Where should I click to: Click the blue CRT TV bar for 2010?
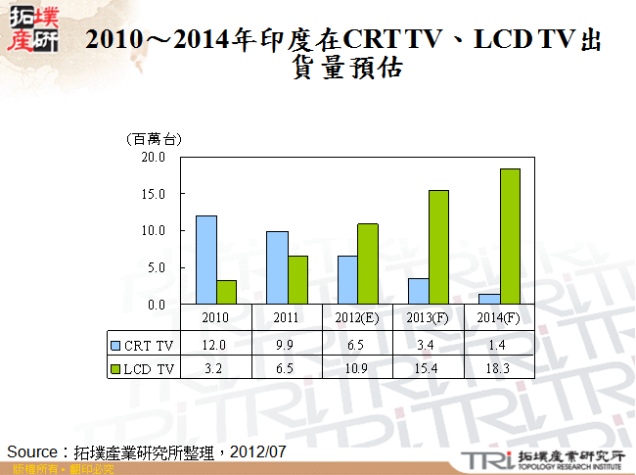[206, 261]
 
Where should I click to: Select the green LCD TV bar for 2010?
[227, 293]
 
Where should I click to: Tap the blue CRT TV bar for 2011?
[277, 268]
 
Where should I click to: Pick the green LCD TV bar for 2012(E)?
[368, 264]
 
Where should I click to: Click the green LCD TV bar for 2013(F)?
[438, 248]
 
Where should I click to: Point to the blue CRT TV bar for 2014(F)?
[488, 300]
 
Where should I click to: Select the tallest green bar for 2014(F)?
[509, 237]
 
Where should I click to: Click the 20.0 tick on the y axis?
[154, 157]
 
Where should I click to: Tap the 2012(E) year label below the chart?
[357, 317]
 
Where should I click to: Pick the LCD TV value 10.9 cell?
[357, 368]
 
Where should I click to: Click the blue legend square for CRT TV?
[115, 345]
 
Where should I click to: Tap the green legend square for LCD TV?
[115, 368]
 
